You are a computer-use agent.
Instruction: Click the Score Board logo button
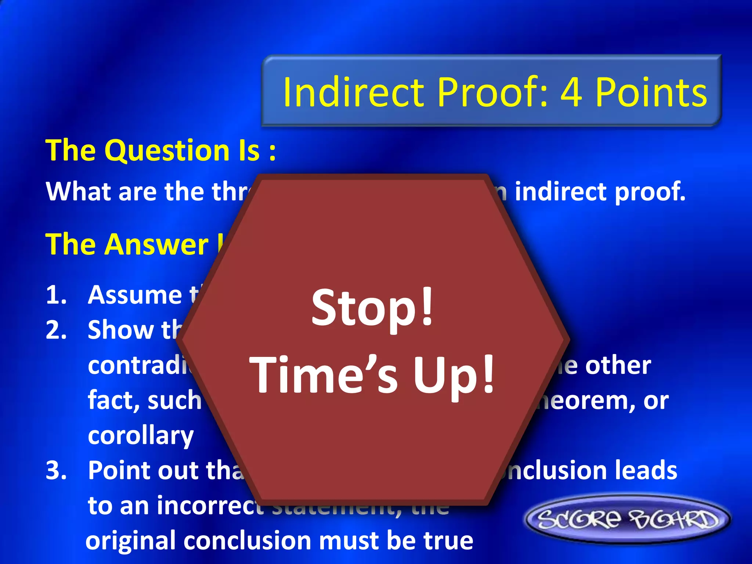click(x=628, y=519)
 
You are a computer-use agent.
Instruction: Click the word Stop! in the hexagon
click(x=372, y=308)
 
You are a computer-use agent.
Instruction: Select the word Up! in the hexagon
click(x=454, y=375)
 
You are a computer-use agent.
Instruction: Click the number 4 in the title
click(x=571, y=93)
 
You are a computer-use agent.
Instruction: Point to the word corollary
click(x=141, y=435)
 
